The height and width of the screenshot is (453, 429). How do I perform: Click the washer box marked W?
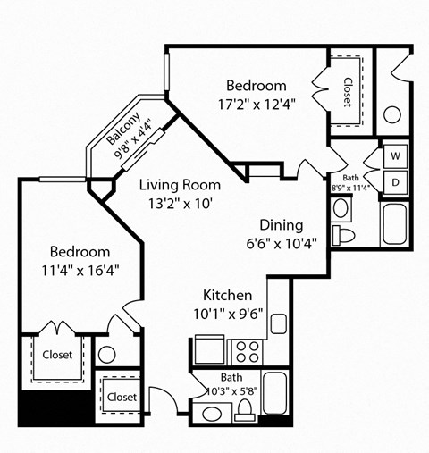pyautogui.click(x=395, y=155)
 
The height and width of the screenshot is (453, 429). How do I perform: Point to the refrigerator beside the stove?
pyautogui.click(x=209, y=348)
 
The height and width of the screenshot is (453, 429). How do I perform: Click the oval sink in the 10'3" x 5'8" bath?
pyautogui.click(x=212, y=414)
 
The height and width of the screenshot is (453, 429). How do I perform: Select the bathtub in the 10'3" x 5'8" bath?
pyautogui.click(x=275, y=396)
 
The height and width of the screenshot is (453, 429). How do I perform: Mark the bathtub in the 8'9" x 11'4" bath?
pyautogui.click(x=396, y=224)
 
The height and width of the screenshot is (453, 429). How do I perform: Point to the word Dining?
pyautogui.click(x=281, y=225)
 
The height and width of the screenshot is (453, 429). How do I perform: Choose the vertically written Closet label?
pyautogui.click(x=347, y=91)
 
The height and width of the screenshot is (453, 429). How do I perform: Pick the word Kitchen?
pyautogui.click(x=227, y=295)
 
